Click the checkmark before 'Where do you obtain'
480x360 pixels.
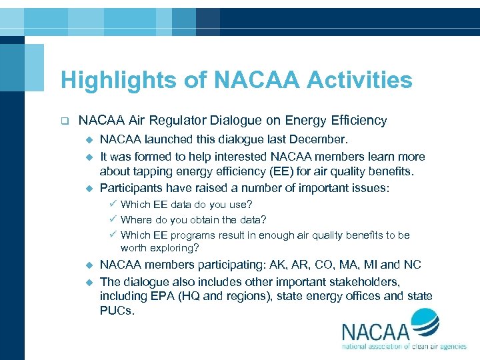pos(114,219)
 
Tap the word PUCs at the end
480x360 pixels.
pos(117,311)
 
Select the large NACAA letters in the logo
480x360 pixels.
pos(377,331)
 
